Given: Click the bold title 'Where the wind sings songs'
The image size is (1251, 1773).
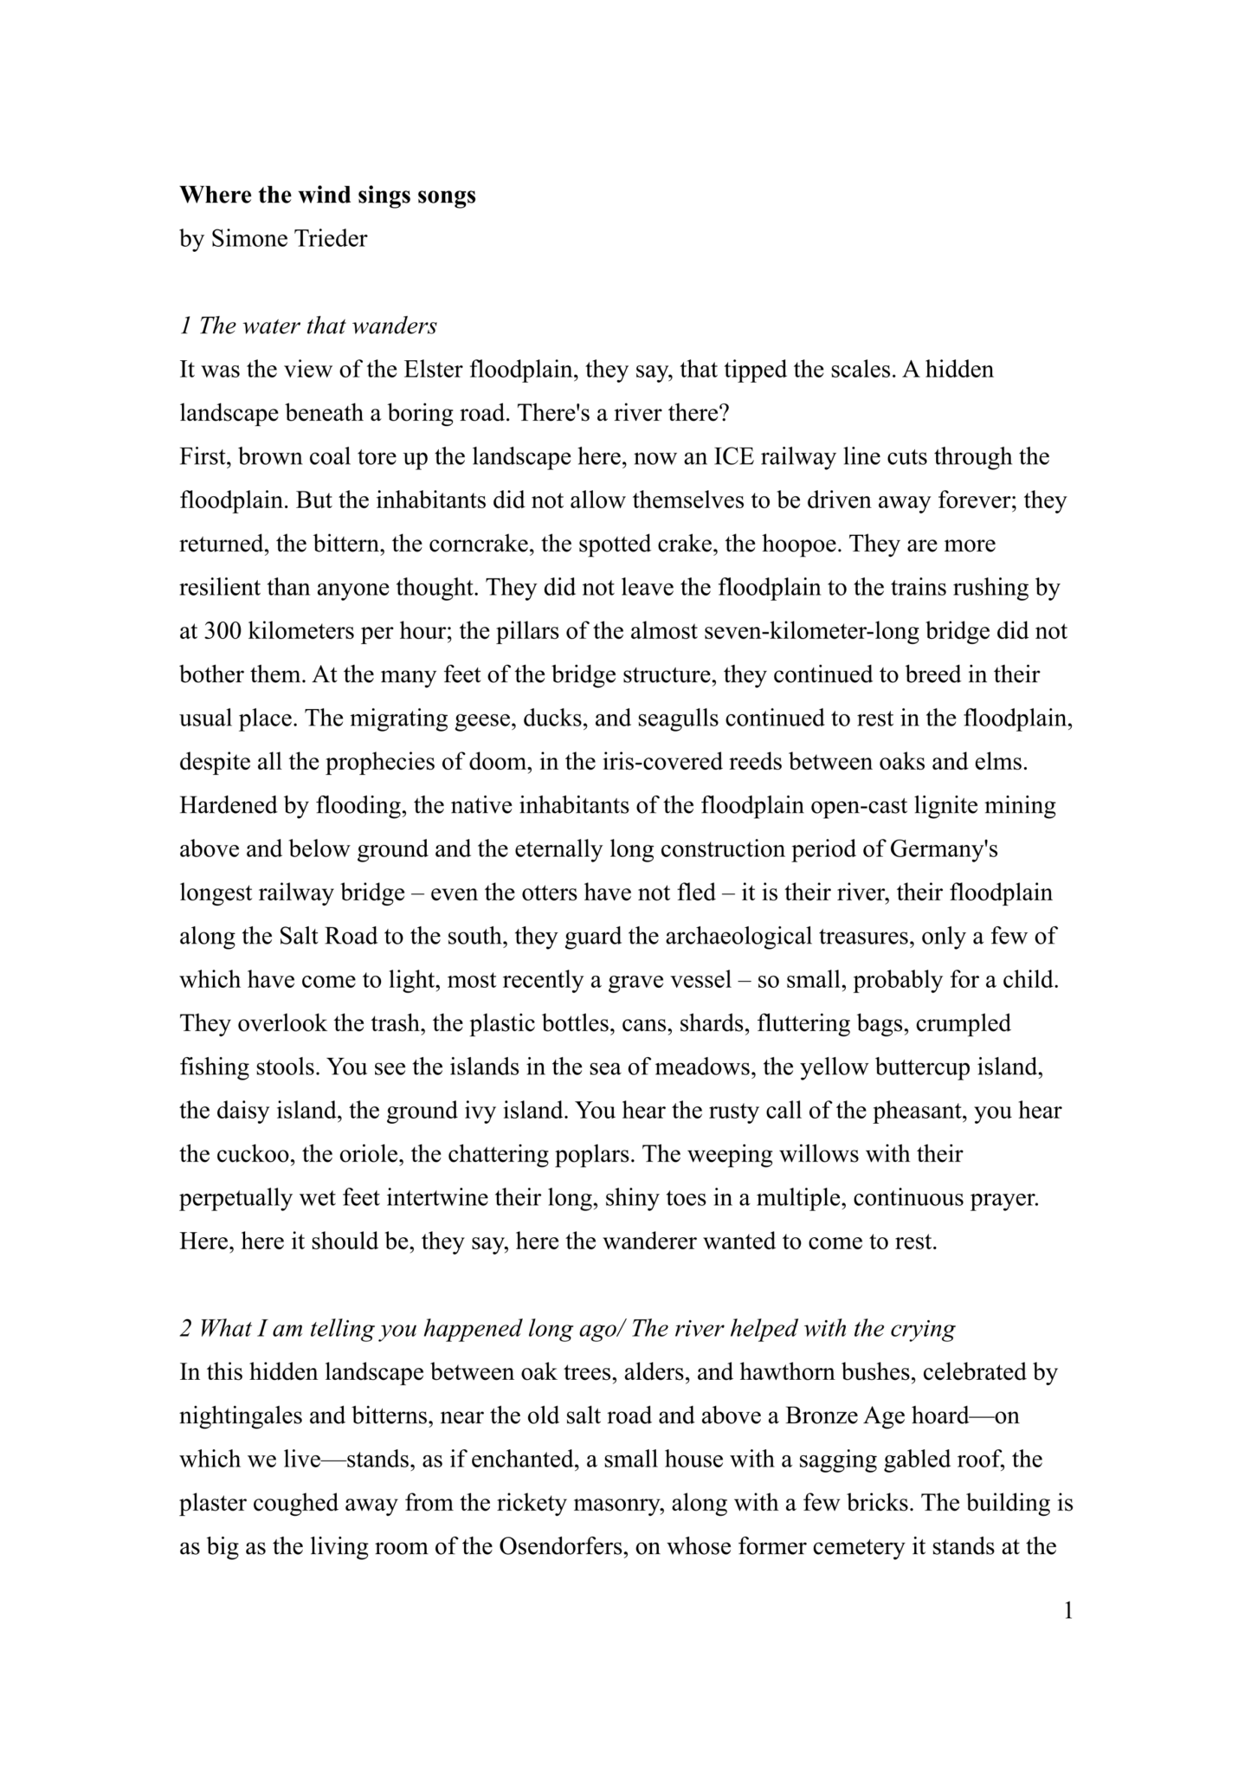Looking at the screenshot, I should pos(327,195).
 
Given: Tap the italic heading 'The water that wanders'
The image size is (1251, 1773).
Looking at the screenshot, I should pos(318,326).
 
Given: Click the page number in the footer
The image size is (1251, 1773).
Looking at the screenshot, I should pos(1068,1610).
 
